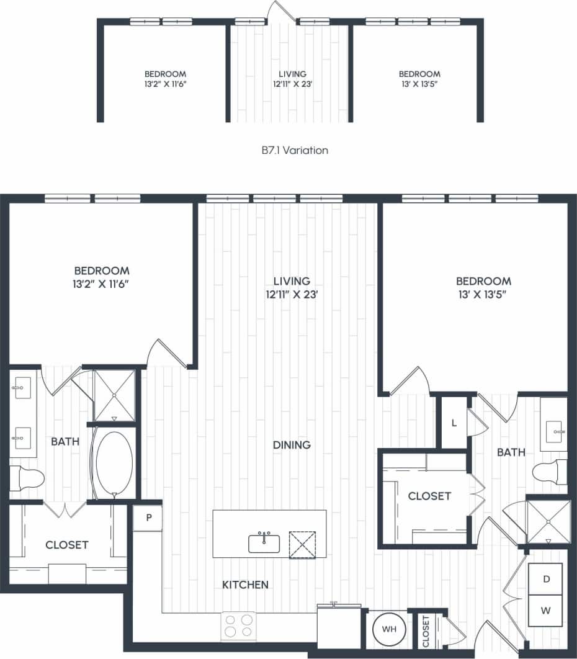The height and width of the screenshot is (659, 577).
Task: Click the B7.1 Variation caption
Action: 295,150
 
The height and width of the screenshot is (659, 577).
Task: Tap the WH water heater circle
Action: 389,629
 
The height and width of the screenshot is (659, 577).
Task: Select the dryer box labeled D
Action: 545,579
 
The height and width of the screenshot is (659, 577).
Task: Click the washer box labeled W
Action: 545,611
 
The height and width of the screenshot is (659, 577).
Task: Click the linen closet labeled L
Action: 454,423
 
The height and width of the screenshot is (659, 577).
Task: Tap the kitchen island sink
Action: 264,543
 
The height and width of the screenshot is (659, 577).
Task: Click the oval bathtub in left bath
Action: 114,461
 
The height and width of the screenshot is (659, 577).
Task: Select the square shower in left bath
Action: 114,395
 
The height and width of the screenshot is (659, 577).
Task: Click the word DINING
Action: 291,445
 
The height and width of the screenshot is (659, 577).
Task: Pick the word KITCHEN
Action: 246,585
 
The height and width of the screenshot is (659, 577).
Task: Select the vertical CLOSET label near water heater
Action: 426,631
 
